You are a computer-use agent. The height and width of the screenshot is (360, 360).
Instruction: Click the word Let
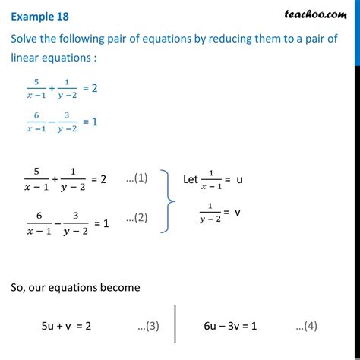[194, 179]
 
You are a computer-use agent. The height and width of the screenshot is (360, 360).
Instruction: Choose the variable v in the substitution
[238, 213]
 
